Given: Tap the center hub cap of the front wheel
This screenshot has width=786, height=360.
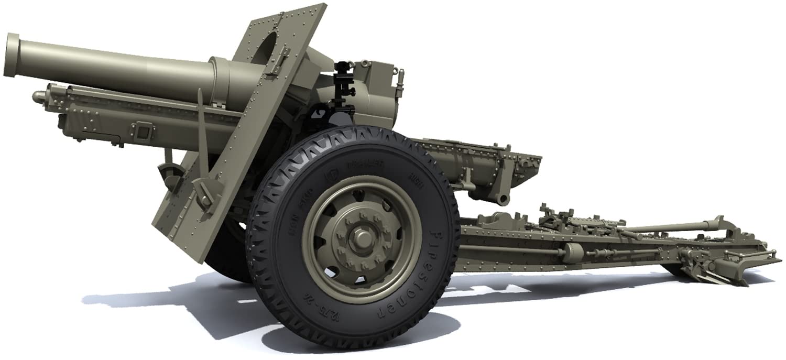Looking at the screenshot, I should tap(360, 238).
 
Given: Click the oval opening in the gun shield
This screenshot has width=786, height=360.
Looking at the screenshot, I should tap(270, 50).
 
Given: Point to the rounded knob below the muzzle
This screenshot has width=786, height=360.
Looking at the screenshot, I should tap(38, 96).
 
